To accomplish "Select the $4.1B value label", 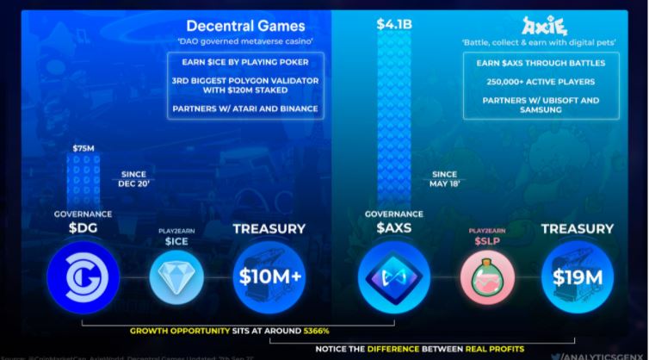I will click(394, 24).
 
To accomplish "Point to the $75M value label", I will click(83, 148).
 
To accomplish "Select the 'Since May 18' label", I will click(445, 178).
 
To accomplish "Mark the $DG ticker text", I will click(83, 228).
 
